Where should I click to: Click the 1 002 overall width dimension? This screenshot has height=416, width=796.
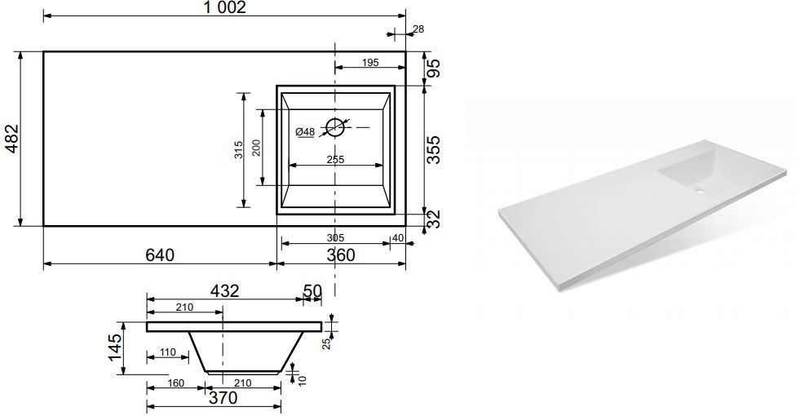(224, 7)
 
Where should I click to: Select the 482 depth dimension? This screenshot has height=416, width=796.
(11, 139)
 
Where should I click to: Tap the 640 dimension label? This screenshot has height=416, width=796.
(160, 254)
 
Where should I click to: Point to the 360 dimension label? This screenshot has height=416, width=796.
(341, 255)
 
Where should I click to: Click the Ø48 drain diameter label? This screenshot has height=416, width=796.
(305, 132)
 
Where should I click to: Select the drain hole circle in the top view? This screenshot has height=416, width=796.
(335, 127)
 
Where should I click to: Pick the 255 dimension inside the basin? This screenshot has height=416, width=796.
(335, 160)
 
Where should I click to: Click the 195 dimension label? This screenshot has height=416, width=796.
(370, 63)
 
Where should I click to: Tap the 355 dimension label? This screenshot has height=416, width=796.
(434, 150)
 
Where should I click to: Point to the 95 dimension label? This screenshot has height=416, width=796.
(434, 68)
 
